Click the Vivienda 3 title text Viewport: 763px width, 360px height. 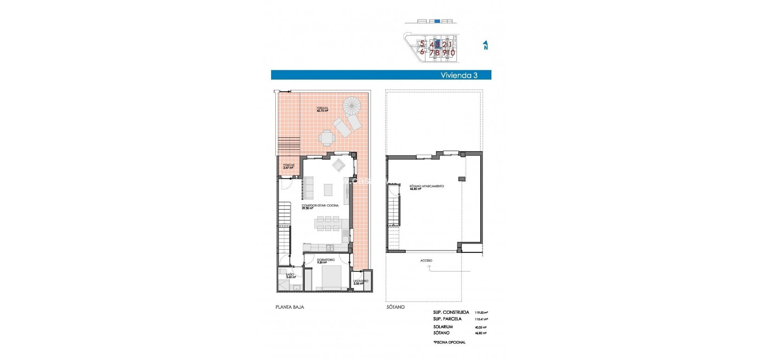pos(459,75)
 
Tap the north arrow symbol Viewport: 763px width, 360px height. pos(485,45)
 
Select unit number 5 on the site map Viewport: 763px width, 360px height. pos(422,44)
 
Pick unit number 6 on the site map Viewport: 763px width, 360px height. pos(422,52)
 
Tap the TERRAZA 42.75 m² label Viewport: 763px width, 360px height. pos(322,109)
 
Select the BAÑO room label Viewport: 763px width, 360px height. pos(290,276)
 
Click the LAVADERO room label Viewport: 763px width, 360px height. pos(361,282)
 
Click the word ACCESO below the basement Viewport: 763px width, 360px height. pos(426,261)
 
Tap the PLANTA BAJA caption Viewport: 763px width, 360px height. pos(290,307)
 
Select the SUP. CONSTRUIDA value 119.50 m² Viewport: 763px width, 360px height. pos(481,312)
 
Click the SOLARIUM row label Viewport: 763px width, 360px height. pos(443,327)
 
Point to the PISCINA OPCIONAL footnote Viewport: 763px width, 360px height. pos(449,342)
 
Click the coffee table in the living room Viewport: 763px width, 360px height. pos(328,190)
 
